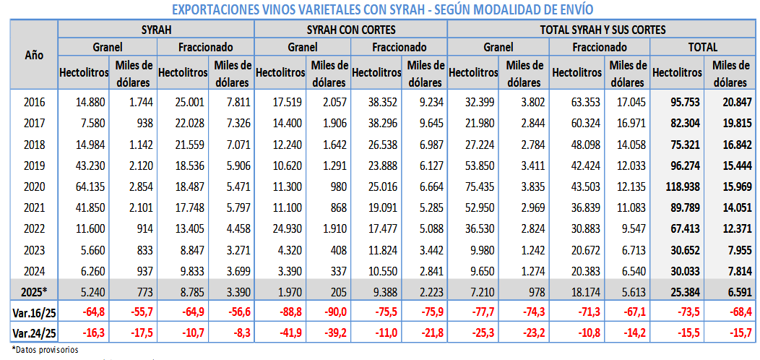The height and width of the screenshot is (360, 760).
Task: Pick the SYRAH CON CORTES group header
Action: click(351, 30)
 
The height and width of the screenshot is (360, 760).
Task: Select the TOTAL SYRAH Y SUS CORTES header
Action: click(603, 30)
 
